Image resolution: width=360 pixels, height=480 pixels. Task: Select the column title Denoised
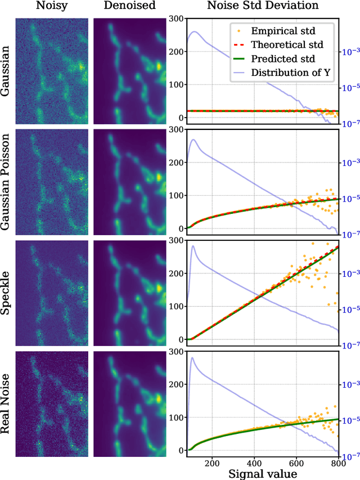tap(129, 7)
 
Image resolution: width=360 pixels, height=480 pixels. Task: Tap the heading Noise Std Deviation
tap(263, 7)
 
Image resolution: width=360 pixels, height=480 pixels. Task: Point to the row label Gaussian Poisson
tap(7, 181)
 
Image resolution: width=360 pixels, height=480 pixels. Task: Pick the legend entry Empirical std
tap(282, 32)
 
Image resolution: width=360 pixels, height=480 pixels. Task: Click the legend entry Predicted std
tap(283, 59)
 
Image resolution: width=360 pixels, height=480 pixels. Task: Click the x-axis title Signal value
tap(263, 473)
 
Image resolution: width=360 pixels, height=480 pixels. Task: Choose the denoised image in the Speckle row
tap(129, 293)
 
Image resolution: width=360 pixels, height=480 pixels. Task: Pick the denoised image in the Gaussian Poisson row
tap(129, 182)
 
